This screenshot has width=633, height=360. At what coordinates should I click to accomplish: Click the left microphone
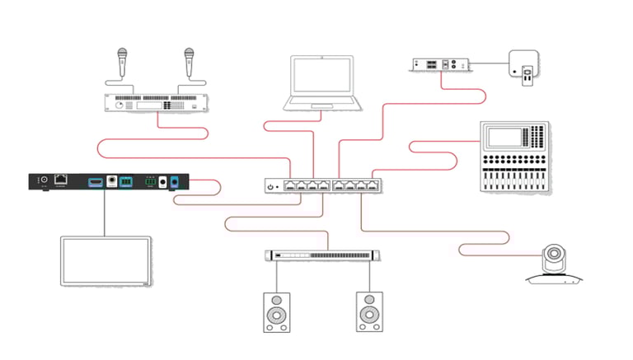(121, 58)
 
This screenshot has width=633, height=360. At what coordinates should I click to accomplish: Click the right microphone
(190, 58)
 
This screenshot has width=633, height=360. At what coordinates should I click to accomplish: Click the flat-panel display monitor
(105, 262)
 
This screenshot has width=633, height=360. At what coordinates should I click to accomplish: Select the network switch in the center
(324, 187)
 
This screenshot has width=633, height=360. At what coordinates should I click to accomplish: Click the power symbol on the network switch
(271, 188)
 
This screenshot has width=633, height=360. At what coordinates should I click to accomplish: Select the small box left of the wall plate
(441, 63)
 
